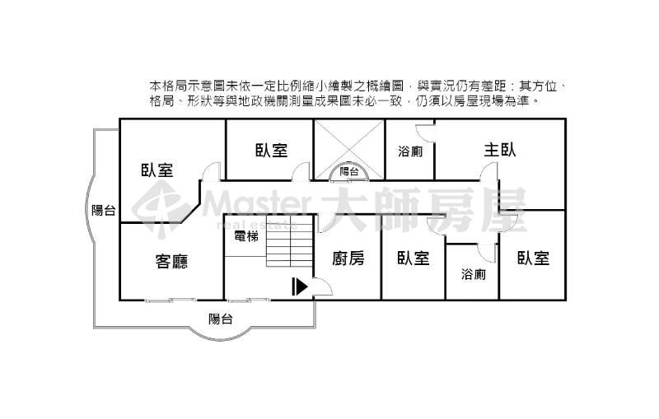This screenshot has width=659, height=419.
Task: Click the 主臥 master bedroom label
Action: [500, 150]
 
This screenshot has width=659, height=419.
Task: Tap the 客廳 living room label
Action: [171, 261]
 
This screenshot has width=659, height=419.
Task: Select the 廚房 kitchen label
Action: [348, 258]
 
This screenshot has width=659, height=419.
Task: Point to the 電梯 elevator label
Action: [246, 237]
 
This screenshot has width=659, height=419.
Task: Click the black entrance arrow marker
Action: [300, 286]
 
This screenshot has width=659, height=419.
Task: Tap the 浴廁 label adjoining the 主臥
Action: [410, 151]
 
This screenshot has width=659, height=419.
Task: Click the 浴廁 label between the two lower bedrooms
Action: [473, 275]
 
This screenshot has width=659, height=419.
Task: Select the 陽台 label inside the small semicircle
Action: [348, 171]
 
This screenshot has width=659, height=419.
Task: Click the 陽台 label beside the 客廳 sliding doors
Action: [221, 319]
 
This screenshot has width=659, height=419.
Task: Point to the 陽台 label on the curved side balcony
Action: [104, 210]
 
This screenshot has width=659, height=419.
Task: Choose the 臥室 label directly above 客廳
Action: [157, 170]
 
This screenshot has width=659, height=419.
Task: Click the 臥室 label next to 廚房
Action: [414, 258]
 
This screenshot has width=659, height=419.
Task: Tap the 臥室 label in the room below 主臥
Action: [533, 258]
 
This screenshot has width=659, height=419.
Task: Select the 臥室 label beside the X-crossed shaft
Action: [272, 151]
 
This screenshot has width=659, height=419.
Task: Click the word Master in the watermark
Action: [257, 203]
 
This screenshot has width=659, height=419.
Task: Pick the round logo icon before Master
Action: [160, 207]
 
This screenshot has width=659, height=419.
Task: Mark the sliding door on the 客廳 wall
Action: [171, 300]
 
